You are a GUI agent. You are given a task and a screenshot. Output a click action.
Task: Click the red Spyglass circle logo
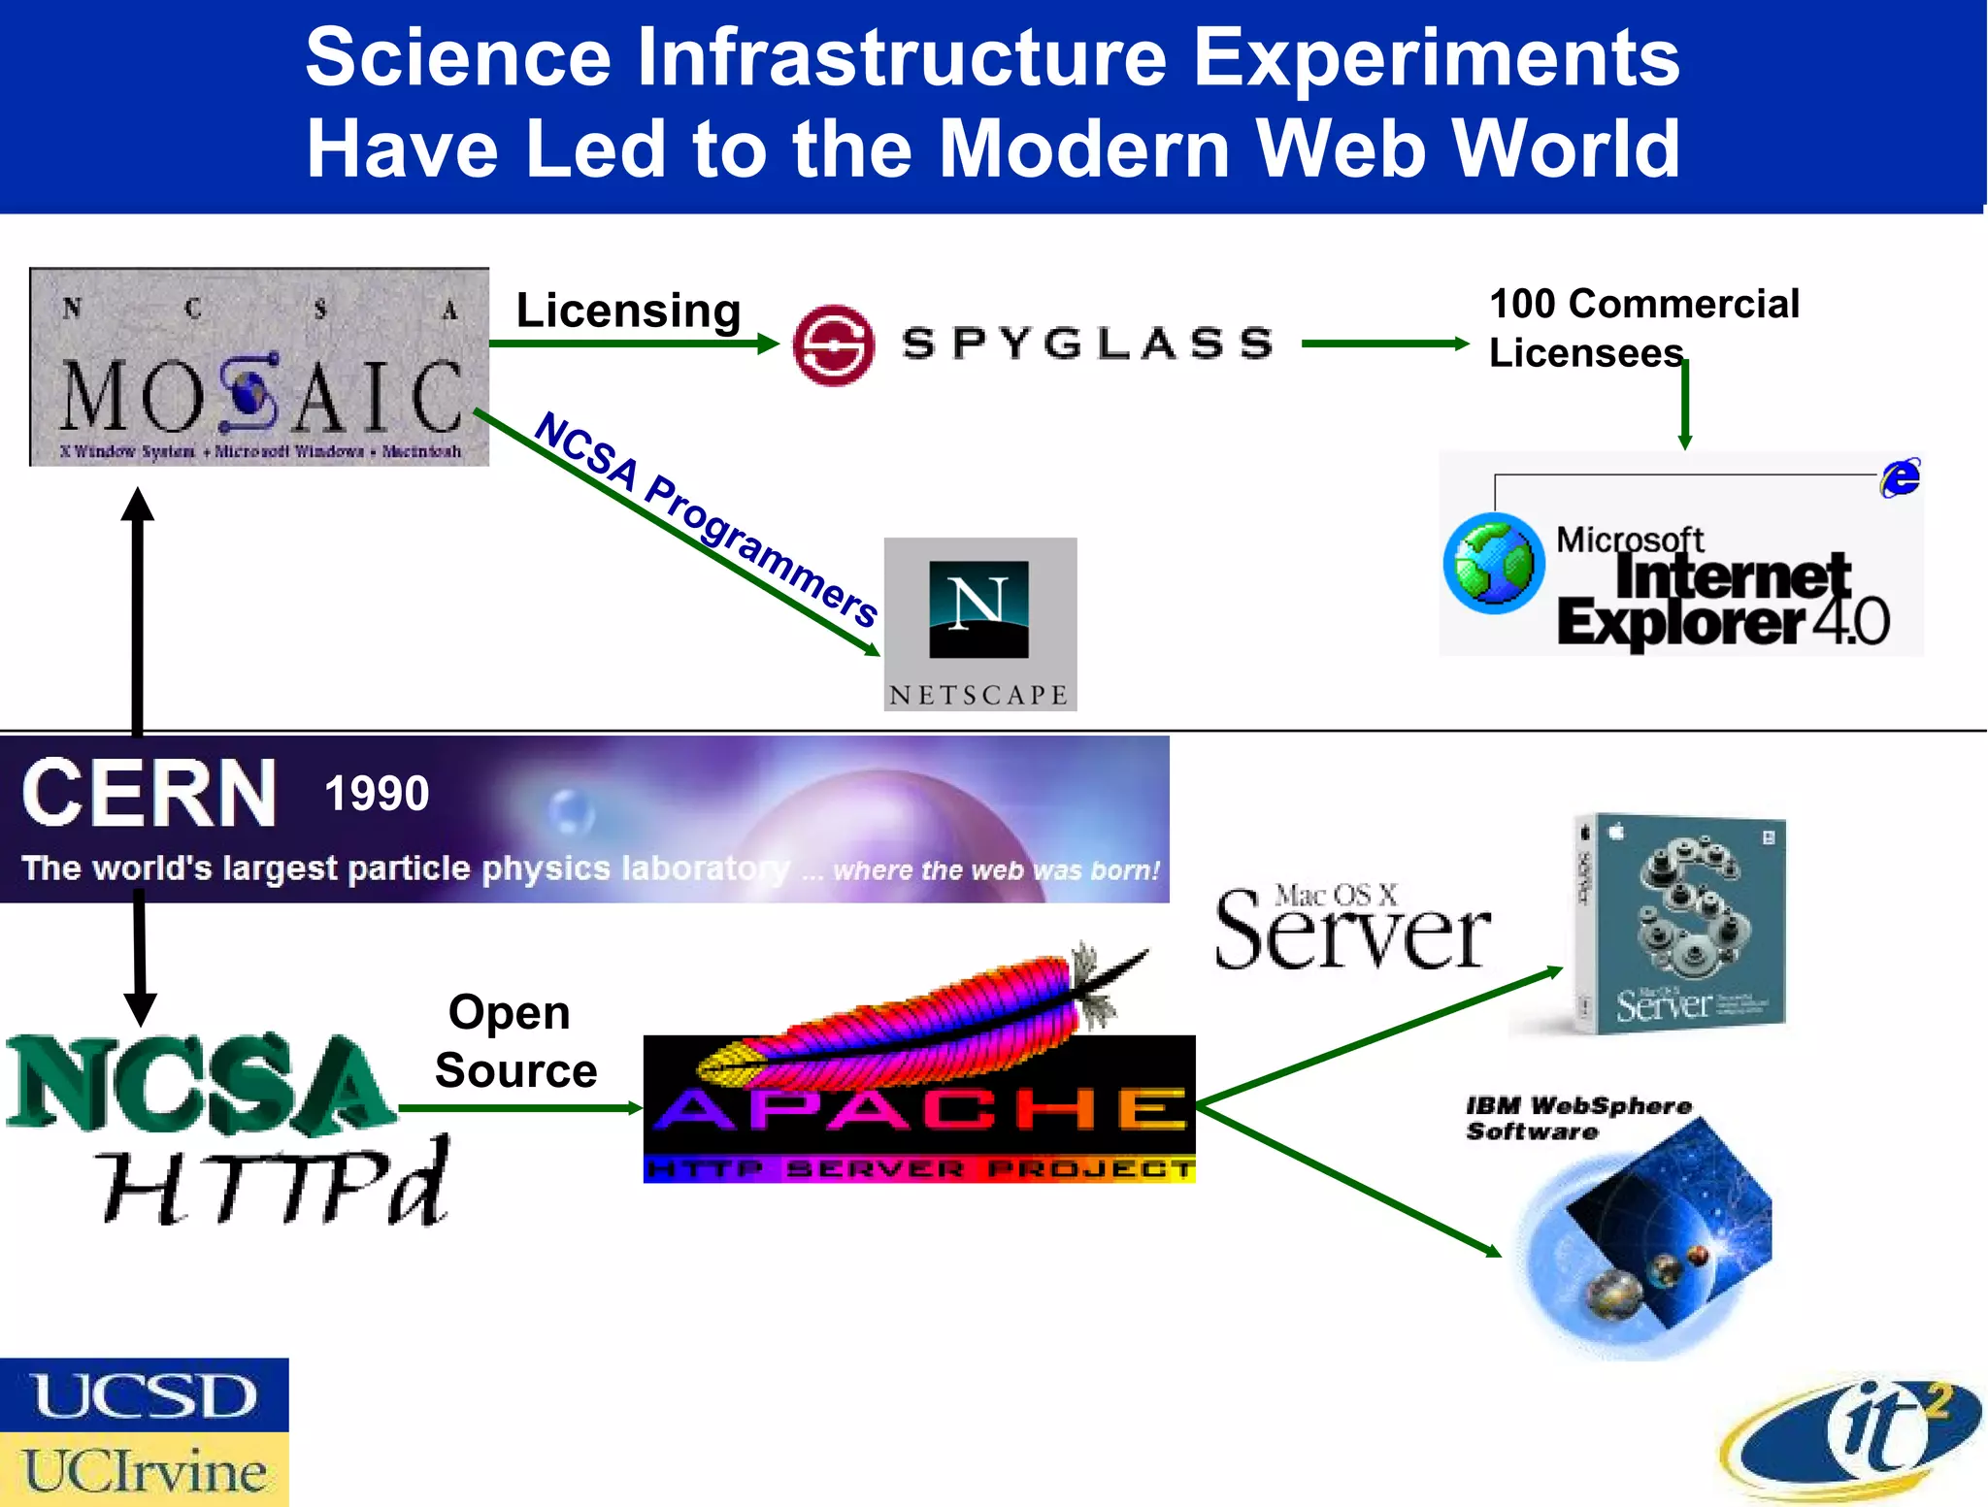[833, 344]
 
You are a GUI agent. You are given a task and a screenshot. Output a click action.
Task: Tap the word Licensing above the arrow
[628, 311]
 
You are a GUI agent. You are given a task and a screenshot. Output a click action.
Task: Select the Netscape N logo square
[978, 608]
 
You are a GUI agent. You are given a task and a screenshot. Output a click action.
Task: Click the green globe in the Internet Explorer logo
[1494, 564]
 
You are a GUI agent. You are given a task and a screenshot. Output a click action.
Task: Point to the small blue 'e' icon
[1900, 477]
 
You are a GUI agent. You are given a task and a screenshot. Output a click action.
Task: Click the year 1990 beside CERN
[377, 794]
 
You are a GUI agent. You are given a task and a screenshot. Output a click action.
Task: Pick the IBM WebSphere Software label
[1577, 1118]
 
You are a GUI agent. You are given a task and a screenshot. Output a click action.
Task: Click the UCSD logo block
[144, 1394]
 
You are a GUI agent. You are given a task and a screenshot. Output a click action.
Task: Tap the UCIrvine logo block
[144, 1470]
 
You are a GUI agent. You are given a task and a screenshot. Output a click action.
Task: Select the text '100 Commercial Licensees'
[1643, 328]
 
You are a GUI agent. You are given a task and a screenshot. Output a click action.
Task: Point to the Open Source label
[514, 1041]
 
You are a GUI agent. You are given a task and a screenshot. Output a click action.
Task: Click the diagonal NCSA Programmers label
[707, 519]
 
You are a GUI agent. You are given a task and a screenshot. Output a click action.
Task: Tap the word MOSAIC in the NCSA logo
[260, 396]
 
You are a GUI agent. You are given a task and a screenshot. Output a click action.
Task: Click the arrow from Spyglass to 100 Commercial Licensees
[1384, 344]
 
